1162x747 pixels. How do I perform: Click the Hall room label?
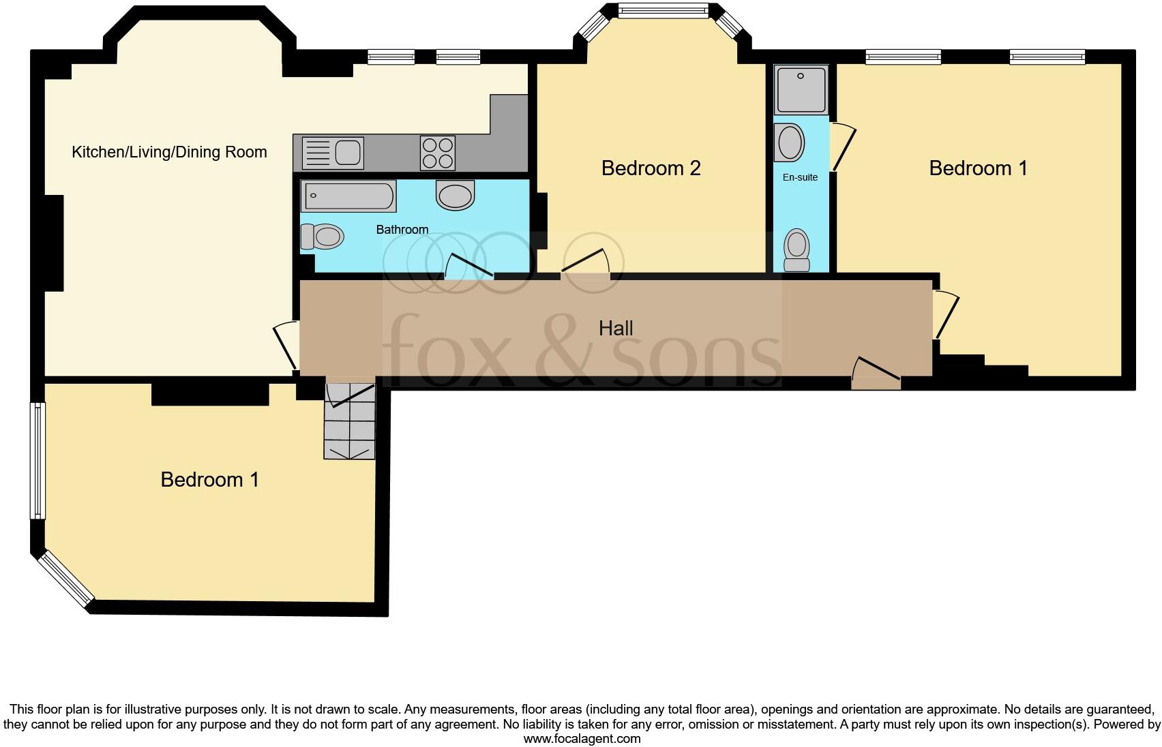pyautogui.click(x=616, y=329)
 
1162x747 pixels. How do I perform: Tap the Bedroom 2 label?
pyautogui.click(x=651, y=168)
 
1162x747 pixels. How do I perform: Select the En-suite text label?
pyautogui.click(x=800, y=177)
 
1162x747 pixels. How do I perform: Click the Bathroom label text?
pyautogui.click(x=402, y=230)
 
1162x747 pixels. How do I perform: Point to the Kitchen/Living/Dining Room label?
pyautogui.click(x=169, y=152)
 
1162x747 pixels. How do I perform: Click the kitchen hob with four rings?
pyautogui.click(x=438, y=153)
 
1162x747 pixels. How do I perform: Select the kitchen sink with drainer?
pyautogui.click(x=332, y=153)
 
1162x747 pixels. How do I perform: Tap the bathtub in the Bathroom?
pyautogui.click(x=348, y=196)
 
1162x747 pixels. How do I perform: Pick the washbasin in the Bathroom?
pyautogui.click(x=455, y=196)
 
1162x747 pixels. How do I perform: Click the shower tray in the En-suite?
pyautogui.click(x=801, y=89)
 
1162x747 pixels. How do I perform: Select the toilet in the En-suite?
pyautogui.click(x=796, y=251)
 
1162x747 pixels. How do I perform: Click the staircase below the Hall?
pyautogui.click(x=350, y=421)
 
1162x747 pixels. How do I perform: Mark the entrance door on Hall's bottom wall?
pyautogui.click(x=876, y=373)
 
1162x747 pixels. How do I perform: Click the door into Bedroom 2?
pyautogui.click(x=585, y=264)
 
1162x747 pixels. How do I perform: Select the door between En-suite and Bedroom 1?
pyautogui.click(x=841, y=147)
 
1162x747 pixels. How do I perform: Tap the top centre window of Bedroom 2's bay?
pyautogui.click(x=662, y=10)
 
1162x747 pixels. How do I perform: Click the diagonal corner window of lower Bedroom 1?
pyautogui.click(x=65, y=579)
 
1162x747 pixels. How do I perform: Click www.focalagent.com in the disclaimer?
pyautogui.click(x=581, y=738)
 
